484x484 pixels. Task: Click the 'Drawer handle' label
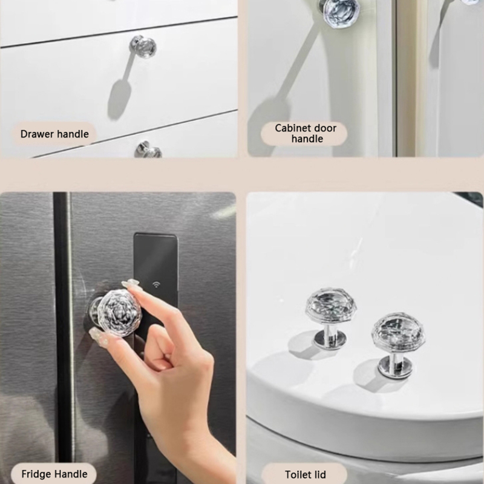click(54, 134)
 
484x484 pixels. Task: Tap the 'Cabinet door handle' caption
click(306, 133)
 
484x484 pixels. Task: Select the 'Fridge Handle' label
click(54, 474)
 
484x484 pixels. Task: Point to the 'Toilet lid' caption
click(306, 474)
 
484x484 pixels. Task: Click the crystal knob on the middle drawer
click(143, 47)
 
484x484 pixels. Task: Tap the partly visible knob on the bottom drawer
click(148, 150)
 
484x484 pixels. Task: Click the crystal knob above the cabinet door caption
click(339, 12)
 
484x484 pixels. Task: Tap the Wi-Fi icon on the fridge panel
click(157, 284)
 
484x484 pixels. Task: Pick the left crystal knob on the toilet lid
click(330, 318)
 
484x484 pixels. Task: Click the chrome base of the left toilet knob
click(329, 341)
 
